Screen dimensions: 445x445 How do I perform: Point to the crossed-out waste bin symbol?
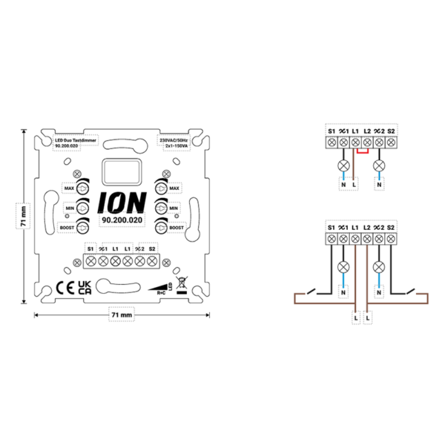tap(181, 288)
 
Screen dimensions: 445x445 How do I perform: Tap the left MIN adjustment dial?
tap(84, 208)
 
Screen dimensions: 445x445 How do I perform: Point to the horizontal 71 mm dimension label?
tap(121, 315)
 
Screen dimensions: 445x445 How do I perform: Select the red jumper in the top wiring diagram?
tap(362, 151)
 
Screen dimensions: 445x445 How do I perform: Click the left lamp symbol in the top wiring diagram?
tap(343, 165)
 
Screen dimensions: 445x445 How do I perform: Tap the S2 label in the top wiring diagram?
tap(392, 131)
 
